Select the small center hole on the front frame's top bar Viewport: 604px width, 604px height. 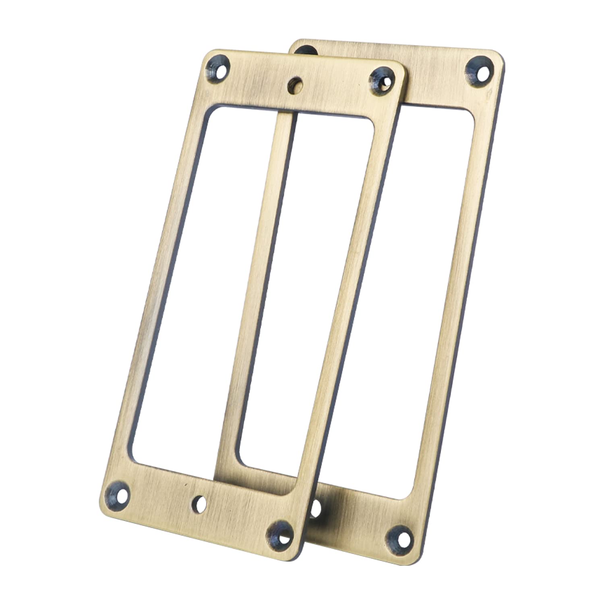[295, 85]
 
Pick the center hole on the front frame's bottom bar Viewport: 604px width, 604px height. [199, 505]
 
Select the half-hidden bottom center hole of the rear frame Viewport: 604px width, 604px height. [316, 508]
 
